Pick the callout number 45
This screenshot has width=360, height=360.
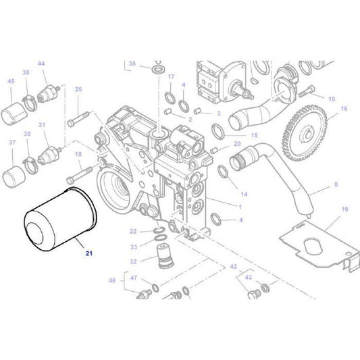point(10,82)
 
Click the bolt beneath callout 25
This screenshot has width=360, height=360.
point(74,122)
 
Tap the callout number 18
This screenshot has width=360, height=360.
point(78,155)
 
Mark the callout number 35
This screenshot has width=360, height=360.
point(132,63)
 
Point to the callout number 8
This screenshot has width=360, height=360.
point(335,184)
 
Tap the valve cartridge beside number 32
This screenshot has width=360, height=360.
point(162,255)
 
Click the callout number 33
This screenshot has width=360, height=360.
point(133,247)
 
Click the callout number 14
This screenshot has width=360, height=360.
point(244,194)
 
